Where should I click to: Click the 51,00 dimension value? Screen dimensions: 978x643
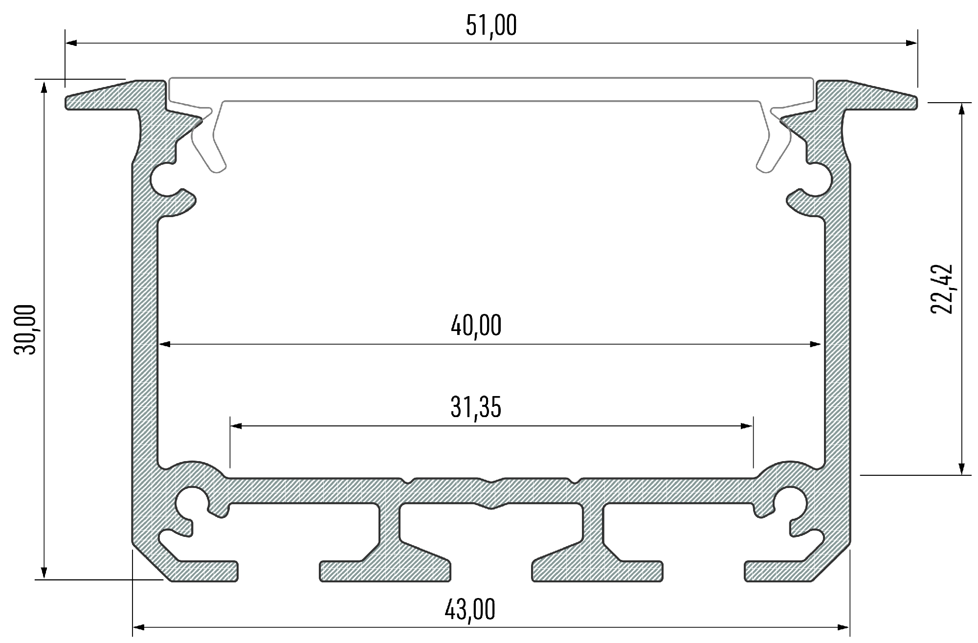point(490,26)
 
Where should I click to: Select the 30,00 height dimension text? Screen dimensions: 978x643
point(25,329)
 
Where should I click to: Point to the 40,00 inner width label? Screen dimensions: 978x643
point(476,326)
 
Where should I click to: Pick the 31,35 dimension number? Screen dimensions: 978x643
point(476,407)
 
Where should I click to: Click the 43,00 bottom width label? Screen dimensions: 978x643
point(469,609)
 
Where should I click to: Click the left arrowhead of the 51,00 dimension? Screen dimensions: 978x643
point(71,43)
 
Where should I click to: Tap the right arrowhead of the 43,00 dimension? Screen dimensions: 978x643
point(844,627)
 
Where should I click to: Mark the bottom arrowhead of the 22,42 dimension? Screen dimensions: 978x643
point(962,469)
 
